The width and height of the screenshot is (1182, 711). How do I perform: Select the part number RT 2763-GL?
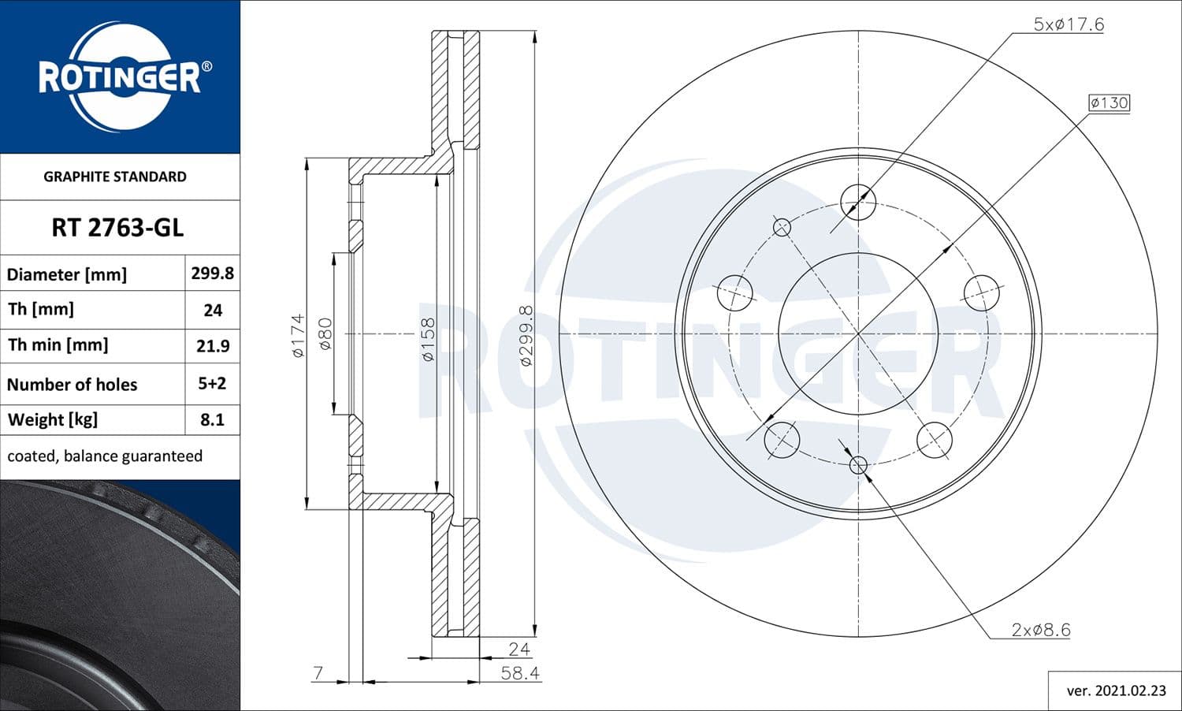tap(117, 228)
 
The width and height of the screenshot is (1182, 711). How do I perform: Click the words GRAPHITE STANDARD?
tap(115, 177)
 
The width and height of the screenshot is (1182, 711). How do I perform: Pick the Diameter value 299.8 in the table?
tap(212, 274)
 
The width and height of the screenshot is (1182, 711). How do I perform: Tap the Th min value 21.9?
tap(212, 346)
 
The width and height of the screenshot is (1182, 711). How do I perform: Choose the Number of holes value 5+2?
tap(212, 384)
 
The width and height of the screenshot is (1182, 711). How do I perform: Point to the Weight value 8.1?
tap(212, 419)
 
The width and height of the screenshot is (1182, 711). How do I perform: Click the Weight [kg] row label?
tap(53, 419)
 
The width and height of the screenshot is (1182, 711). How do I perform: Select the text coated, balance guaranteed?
tap(105, 456)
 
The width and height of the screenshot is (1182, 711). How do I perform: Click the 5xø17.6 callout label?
tap(1069, 24)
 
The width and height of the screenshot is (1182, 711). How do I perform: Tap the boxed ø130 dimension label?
tap(1109, 102)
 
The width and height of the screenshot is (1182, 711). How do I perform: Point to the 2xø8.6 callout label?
tap(1040, 630)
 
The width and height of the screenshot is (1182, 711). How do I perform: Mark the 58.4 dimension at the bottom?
tap(520, 673)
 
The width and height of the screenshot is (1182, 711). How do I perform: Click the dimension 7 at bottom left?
tap(318, 673)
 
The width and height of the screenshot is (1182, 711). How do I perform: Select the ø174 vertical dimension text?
tap(298, 336)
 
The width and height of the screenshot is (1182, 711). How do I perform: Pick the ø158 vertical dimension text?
tap(428, 339)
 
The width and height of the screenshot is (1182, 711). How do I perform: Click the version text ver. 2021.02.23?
tap(1116, 691)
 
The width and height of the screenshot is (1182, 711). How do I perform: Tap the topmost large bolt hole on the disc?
tap(858, 202)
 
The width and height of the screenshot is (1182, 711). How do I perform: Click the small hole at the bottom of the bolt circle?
tap(858, 464)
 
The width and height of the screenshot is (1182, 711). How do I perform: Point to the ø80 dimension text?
tap(325, 333)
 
